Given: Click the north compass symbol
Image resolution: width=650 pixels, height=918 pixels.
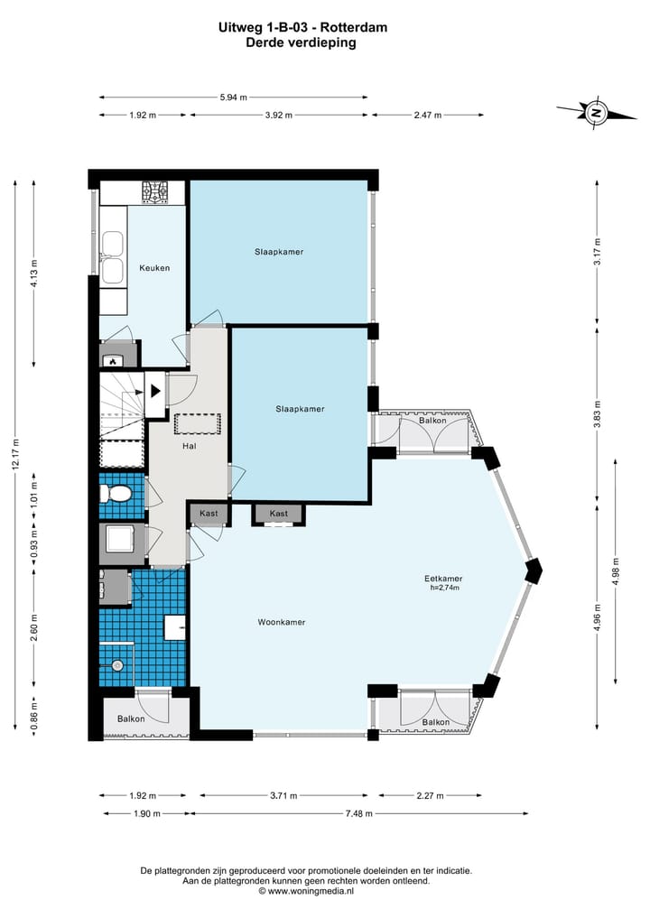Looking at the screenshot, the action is (x=596, y=112).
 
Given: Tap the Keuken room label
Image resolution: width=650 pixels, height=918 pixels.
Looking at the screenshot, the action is (x=154, y=268).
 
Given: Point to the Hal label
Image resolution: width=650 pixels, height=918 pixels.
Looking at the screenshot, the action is (x=190, y=446).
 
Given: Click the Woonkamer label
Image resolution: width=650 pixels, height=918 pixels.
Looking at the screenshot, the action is (x=282, y=622).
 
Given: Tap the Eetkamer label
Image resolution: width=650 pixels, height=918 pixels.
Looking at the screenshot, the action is (x=443, y=579).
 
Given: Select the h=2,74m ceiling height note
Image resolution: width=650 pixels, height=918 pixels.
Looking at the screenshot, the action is (x=444, y=588).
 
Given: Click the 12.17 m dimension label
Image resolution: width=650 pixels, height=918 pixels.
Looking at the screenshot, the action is (x=16, y=454).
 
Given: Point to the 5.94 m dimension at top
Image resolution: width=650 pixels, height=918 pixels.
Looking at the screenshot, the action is (x=233, y=97).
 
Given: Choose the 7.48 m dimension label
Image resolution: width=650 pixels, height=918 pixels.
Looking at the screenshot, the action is (x=359, y=813).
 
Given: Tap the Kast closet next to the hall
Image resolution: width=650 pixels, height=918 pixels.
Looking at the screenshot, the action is (x=209, y=514).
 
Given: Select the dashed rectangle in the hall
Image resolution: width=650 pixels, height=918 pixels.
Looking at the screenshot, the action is (x=198, y=424).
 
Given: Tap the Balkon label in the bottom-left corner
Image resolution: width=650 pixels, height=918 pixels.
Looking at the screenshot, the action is (x=131, y=719).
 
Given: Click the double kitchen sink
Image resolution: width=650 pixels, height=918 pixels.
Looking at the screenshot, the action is (x=112, y=258).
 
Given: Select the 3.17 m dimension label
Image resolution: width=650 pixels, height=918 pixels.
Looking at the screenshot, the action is (x=598, y=252).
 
